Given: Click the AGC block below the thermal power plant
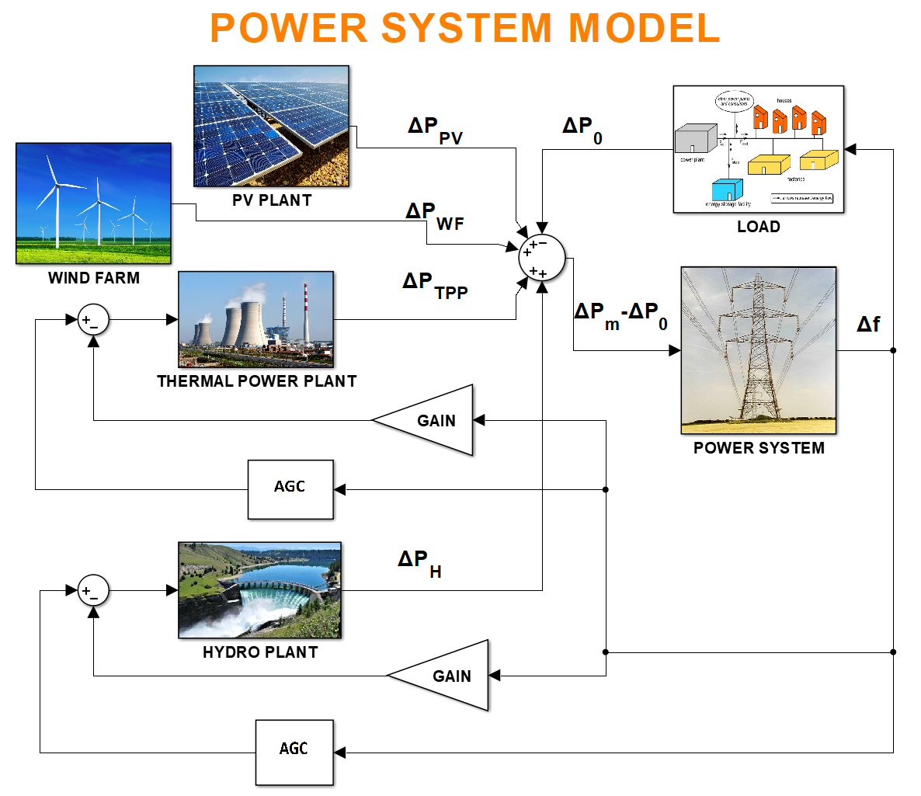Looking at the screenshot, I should click(290, 489).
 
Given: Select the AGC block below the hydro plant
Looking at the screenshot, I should click(294, 752).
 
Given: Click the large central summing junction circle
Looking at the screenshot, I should click(542, 257).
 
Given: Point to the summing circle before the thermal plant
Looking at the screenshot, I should click(93, 319).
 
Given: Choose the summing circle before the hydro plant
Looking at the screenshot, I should click(93, 591).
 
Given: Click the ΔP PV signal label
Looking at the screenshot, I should click(435, 130).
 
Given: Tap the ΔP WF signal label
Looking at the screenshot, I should click(434, 216).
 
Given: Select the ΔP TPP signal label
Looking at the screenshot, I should click(435, 285).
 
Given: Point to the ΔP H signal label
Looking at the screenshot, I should click(419, 563).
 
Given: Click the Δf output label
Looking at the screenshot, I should click(868, 324).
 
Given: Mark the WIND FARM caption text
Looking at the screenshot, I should click(94, 278).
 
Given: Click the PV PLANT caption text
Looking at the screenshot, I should click(272, 200).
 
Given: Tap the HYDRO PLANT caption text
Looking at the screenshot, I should click(260, 652).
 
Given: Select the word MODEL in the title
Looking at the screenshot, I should click(644, 29).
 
